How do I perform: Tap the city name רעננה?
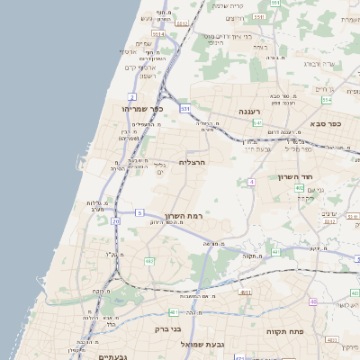[x=249, y=111]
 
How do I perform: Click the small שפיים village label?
[x=144, y=43]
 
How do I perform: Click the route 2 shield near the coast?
[x=132, y=96]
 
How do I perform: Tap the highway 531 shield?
[x=184, y=109]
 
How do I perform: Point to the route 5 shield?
[x=139, y=212]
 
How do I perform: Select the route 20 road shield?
[x=115, y=220]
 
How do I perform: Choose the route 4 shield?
[x=252, y=182]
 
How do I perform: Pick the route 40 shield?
[x=313, y=301]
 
